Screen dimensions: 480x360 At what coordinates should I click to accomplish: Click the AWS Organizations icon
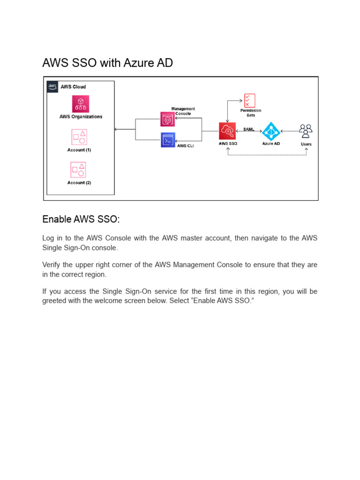tap(81, 104)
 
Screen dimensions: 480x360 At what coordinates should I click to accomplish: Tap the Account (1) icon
tap(79, 137)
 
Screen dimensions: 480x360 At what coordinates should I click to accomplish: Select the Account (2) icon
tap(79, 170)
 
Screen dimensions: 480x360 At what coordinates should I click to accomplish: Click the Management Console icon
tap(167, 119)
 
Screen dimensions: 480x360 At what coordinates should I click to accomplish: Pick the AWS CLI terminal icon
tap(168, 140)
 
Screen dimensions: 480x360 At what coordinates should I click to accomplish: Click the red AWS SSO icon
tap(228, 131)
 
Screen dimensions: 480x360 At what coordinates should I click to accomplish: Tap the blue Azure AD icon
tap(271, 131)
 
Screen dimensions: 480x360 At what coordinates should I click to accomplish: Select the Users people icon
tap(306, 131)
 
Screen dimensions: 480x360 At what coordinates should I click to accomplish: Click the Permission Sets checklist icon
tap(250, 101)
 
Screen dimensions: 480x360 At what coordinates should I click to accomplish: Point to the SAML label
tap(249, 129)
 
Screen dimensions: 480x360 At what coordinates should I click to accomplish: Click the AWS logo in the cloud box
tap(52, 86)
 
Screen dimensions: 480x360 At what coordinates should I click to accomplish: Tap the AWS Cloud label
tap(73, 87)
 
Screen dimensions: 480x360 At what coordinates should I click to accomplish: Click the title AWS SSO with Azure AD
tap(107, 63)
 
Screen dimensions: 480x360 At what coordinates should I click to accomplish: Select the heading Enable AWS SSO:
tap(81, 219)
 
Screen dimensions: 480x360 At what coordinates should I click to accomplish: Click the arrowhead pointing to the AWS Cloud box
tap(116, 129)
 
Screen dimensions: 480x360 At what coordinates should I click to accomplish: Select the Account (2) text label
tap(79, 182)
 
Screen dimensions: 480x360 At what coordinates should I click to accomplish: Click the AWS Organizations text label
tap(81, 117)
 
